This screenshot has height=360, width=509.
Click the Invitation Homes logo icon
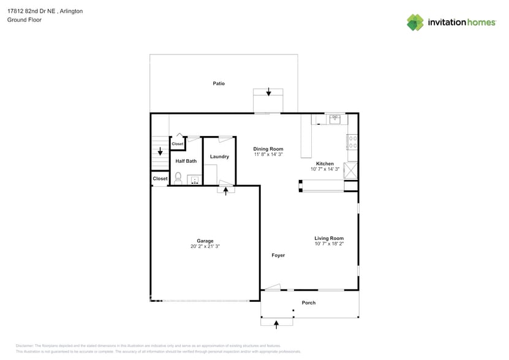(x=415, y=23)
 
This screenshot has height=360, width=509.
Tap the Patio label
(x=219, y=83)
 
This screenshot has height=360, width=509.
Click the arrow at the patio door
(x=268, y=92)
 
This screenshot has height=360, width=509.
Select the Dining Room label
(x=268, y=149)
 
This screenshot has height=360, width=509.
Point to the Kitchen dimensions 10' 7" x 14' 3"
(x=325, y=169)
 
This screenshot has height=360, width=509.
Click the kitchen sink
(x=335, y=119)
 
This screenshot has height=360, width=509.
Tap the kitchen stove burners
(x=353, y=143)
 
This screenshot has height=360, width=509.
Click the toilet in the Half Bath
(x=178, y=178)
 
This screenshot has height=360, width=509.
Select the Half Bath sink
(x=194, y=180)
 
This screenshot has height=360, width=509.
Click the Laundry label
(x=219, y=157)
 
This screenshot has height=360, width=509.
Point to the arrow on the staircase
(x=160, y=151)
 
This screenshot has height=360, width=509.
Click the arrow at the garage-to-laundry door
(x=226, y=191)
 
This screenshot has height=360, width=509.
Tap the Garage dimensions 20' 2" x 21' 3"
(x=205, y=246)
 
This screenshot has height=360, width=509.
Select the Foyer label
(x=278, y=255)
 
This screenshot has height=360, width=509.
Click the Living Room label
(x=329, y=238)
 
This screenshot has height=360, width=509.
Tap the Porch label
(x=309, y=302)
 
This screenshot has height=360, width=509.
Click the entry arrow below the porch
(x=276, y=323)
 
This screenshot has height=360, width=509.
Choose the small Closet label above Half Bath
(x=177, y=144)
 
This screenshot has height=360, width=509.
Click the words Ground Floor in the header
(x=22, y=20)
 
